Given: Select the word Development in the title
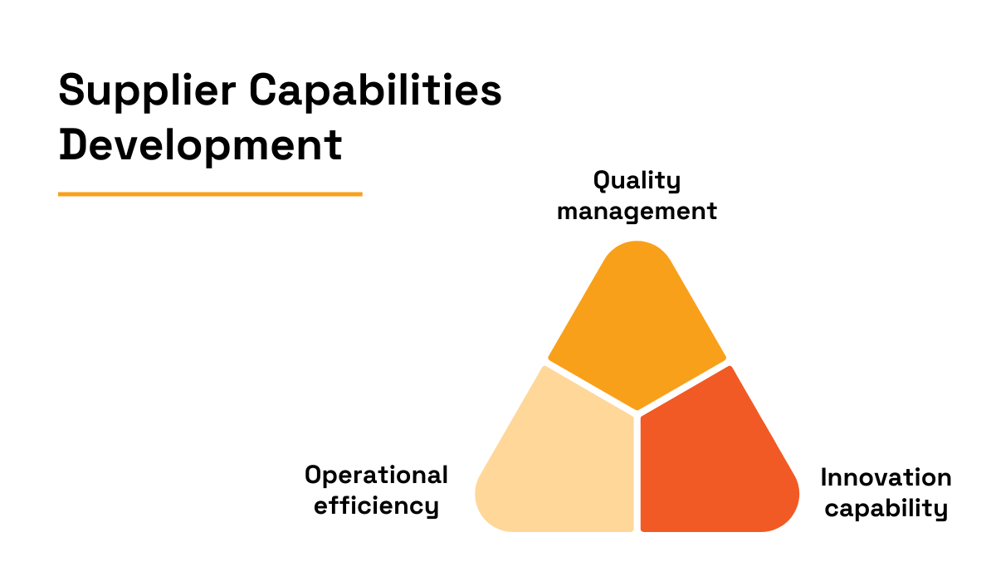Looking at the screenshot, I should pyautogui.click(x=200, y=145).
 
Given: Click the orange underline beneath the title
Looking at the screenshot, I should pyautogui.click(x=210, y=194).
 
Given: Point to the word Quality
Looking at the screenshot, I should pyautogui.click(x=637, y=181).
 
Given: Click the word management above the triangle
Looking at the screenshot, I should pyautogui.click(x=637, y=211).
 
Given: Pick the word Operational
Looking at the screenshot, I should pyautogui.click(x=376, y=476).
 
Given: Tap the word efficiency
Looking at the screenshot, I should pyautogui.click(x=376, y=505).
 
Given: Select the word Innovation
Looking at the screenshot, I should pyautogui.click(x=886, y=478).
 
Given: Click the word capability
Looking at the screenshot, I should pyautogui.click(x=886, y=508).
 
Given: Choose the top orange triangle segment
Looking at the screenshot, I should pyautogui.click(x=637, y=324).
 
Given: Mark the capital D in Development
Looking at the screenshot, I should pyautogui.click(x=73, y=145).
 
